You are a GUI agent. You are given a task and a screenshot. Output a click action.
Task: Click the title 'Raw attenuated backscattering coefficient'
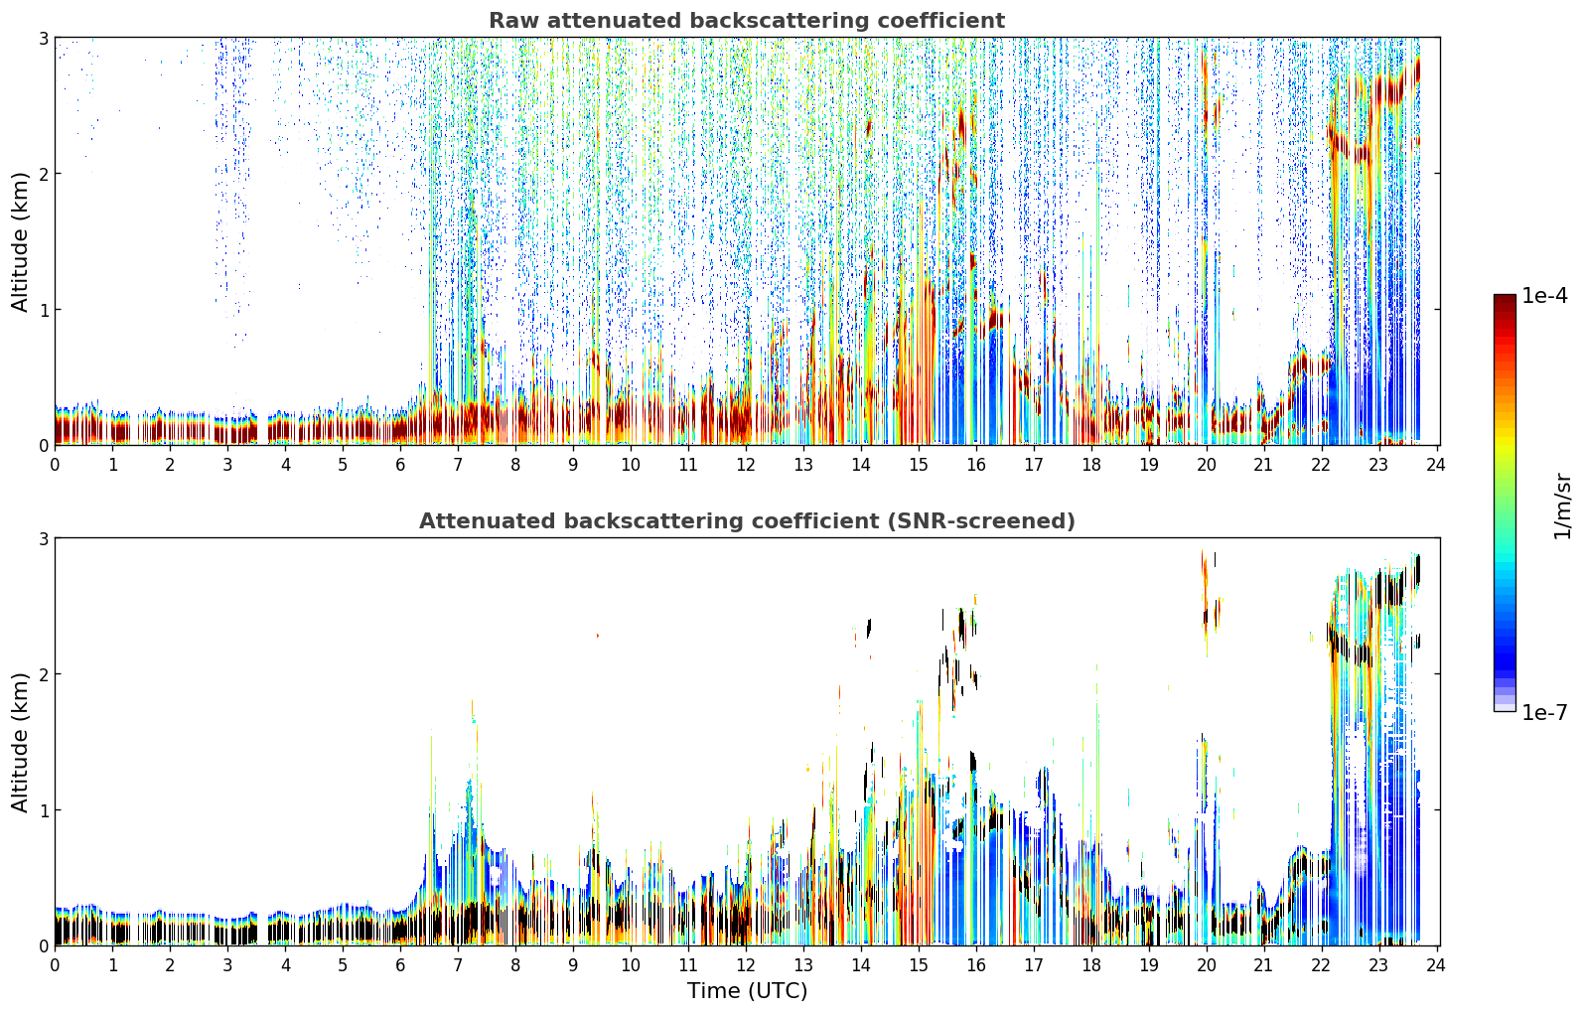747,21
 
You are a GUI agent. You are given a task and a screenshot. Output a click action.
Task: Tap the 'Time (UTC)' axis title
747,990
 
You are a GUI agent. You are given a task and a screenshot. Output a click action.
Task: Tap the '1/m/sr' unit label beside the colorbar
1561,507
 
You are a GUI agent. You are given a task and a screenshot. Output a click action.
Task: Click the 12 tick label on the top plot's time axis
746,465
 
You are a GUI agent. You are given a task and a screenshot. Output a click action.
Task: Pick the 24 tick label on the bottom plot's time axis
1436,965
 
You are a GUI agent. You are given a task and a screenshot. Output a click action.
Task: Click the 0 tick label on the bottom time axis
56,965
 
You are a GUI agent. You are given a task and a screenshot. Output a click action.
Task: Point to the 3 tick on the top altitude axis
43,38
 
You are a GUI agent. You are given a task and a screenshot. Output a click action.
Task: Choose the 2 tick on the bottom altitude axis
43,674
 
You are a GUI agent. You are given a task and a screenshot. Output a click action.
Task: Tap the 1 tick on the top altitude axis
43,309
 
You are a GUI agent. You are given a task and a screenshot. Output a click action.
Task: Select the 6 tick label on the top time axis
400,465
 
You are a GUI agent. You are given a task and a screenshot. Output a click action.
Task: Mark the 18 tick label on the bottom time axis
1091,965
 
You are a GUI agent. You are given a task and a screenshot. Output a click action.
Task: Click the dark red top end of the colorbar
1505,298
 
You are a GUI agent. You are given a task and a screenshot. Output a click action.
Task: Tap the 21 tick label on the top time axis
1263,465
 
